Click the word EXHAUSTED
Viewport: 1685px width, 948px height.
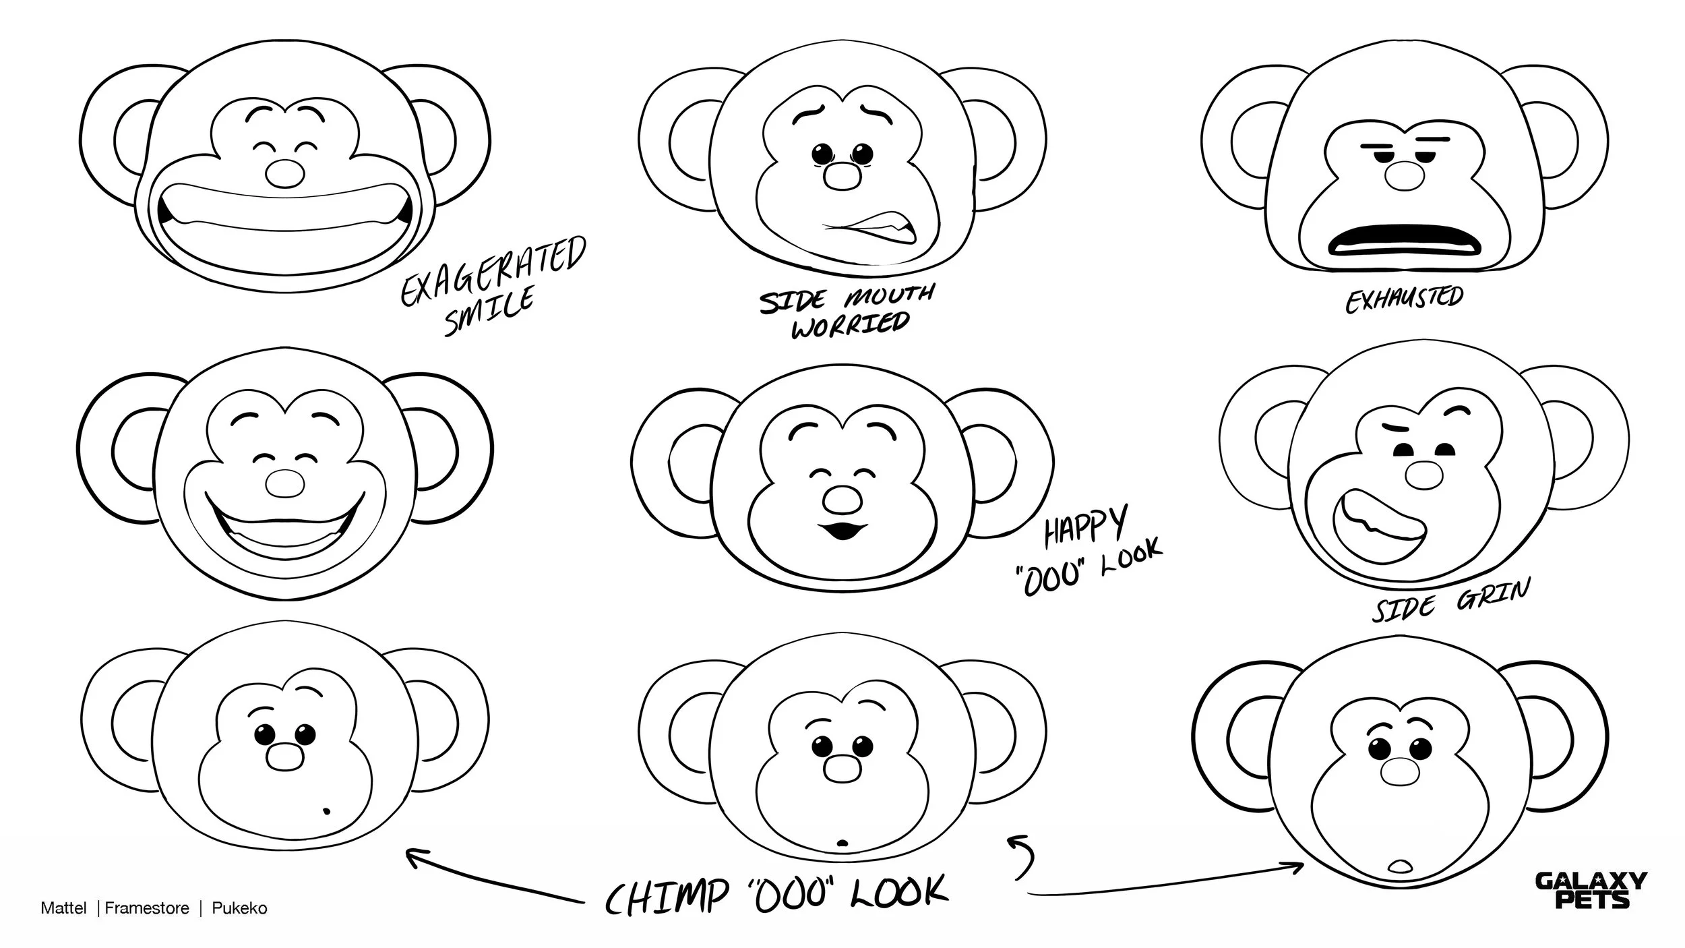tap(1404, 300)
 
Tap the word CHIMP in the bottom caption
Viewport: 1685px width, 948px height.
tap(667, 896)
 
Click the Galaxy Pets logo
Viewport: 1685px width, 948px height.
tap(1590, 890)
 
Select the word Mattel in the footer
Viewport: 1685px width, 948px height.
tap(63, 908)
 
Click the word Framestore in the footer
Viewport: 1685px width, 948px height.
tap(147, 908)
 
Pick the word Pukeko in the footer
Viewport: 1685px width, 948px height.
tap(239, 908)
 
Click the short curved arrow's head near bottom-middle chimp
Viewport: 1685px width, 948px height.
tap(1014, 839)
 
